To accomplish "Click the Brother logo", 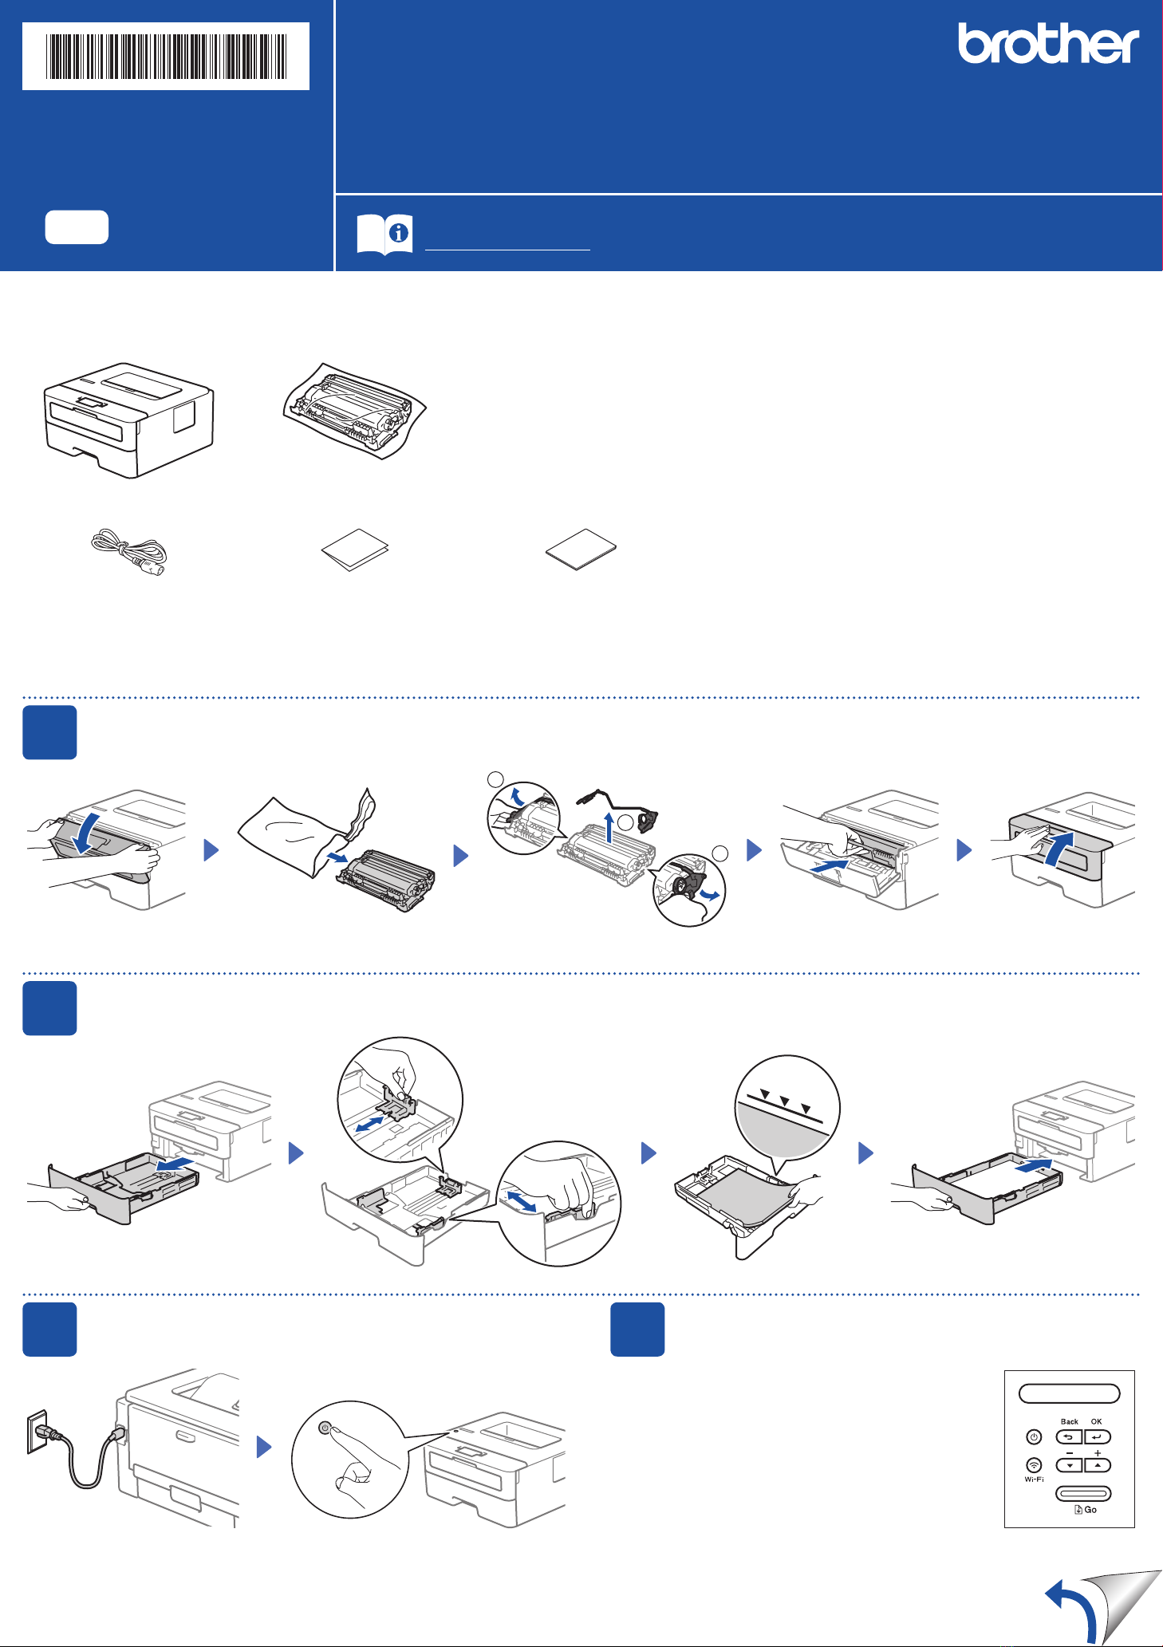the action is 1048,43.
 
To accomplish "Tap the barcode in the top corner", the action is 166,56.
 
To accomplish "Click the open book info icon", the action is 384,234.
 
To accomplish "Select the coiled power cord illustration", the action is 128,553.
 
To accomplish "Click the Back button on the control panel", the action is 1069,1436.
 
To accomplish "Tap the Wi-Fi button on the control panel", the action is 1034,1464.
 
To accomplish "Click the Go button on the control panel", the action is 1083,1493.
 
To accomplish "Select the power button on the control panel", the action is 1034,1436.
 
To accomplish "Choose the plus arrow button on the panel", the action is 1098,1464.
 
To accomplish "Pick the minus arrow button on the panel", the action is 1069,1464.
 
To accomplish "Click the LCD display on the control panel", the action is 1070,1393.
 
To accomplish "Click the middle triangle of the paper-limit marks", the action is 785,1101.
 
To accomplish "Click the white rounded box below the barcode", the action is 77,227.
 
